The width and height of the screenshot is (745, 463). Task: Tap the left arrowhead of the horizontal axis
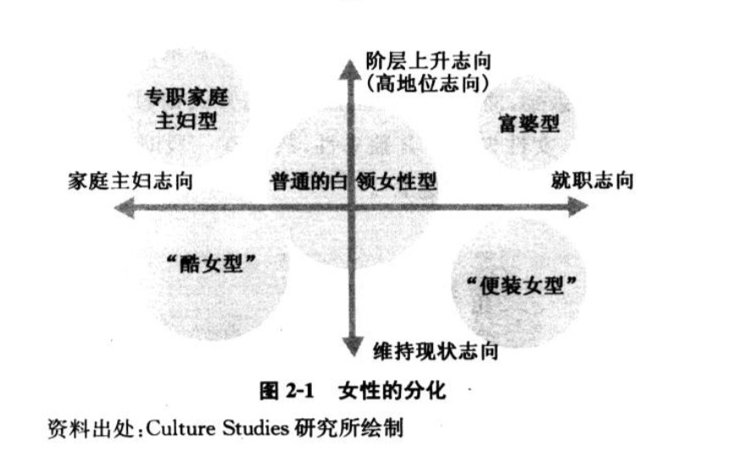point(126,206)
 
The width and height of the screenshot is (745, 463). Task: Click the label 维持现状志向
point(435,349)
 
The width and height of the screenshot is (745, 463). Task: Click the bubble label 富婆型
point(529,124)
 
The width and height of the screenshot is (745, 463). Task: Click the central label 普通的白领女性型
point(354,181)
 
